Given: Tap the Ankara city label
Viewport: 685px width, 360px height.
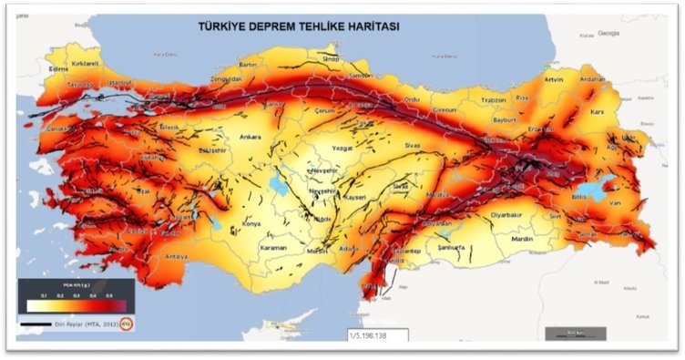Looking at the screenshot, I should coord(250,138).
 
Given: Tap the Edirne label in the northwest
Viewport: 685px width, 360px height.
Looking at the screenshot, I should coord(34,68).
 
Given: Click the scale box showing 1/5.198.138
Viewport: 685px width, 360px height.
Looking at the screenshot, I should coord(375,336).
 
